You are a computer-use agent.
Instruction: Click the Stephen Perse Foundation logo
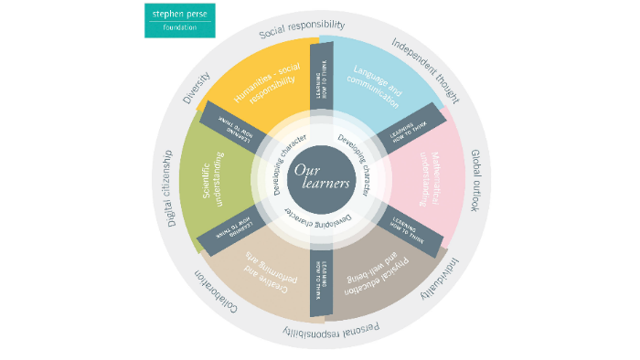(179, 20)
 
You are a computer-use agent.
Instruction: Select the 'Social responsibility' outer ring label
(303, 29)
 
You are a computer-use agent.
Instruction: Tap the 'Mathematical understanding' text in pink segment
(421, 174)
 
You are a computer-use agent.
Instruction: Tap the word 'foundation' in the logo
(179, 28)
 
